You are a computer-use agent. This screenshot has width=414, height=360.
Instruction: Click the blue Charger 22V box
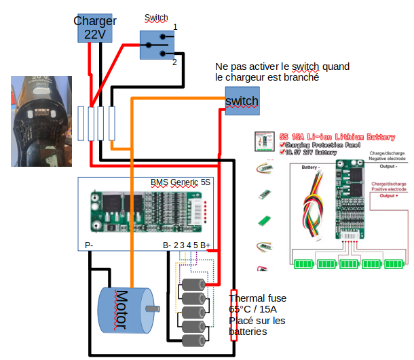pyautogui.click(x=94, y=27)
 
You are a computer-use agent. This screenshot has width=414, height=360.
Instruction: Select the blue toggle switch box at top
pyautogui.click(x=157, y=45)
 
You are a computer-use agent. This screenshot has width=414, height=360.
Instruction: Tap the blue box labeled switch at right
pyautogui.click(x=242, y=101)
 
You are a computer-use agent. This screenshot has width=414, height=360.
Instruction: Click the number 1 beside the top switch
pyautogui.click(x=175, y=27)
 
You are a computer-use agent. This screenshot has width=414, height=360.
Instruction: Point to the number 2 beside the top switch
pyautogui.click(x=174, y=62)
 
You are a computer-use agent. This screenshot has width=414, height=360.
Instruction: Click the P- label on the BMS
pyautogui.click(x=89, y=245)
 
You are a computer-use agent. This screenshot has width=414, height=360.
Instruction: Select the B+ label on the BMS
pyautogui.click(x=207, y=245)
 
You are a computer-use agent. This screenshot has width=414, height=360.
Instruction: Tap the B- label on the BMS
pyautogui.click(x=167, y=245)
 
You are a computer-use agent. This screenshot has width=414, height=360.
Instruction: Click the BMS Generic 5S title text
pyautogui.click(x=180, y=183)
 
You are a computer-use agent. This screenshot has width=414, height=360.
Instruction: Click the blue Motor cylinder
pyautogui.click(x=122, y=311)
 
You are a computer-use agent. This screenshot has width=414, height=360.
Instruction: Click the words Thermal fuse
pyautogui.click(x=257, y=298)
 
